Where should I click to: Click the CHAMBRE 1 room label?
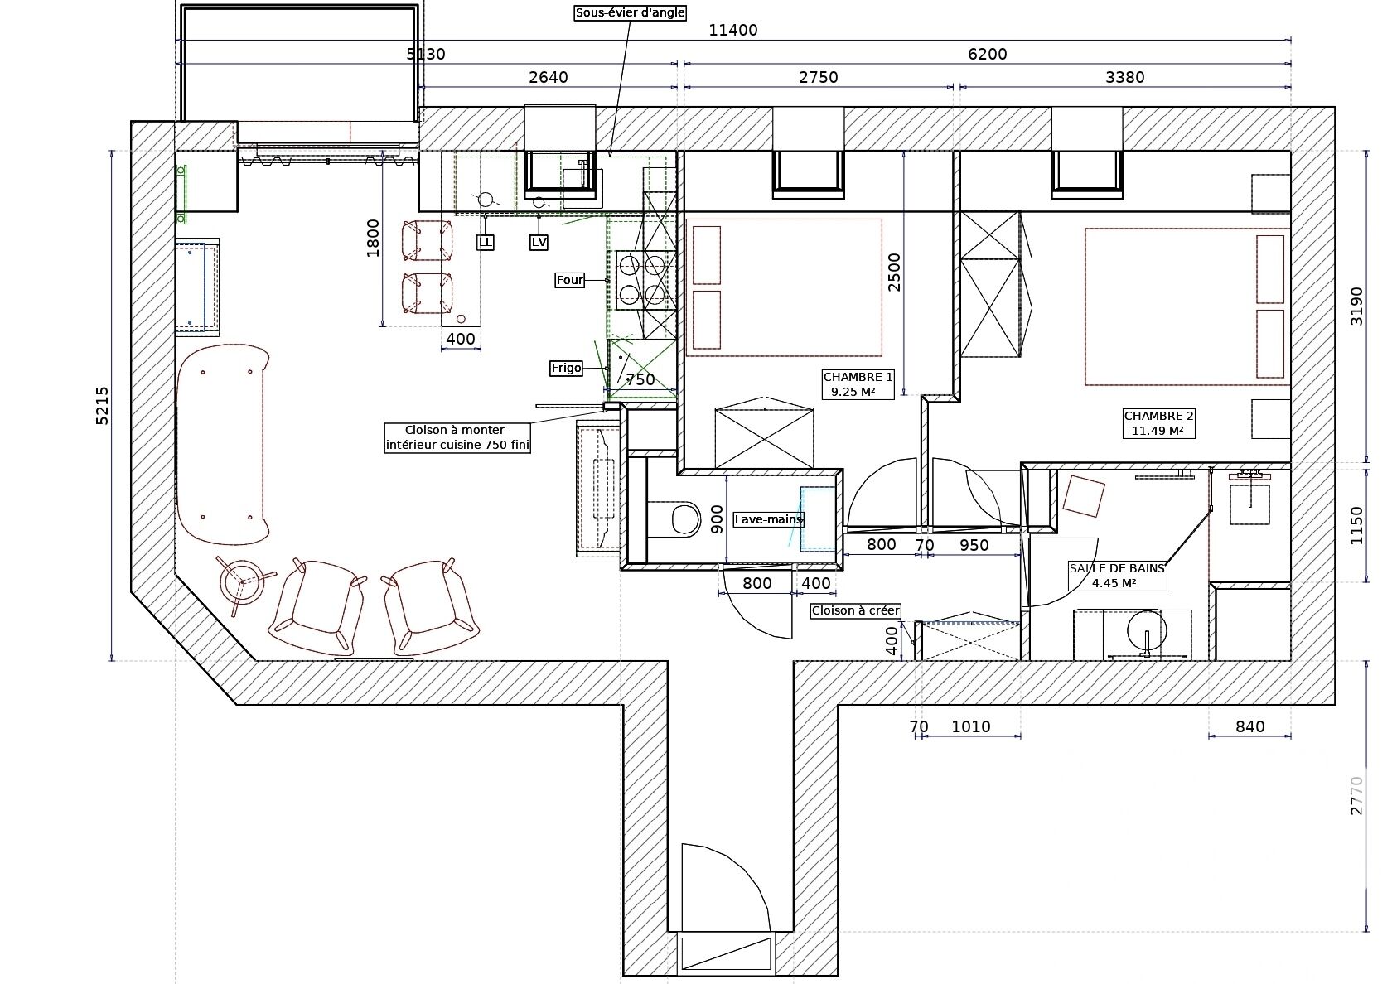[x=858, y=384]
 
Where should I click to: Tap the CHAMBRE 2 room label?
[x=1158, y=423]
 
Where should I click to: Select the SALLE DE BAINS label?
[x=1117, y=575]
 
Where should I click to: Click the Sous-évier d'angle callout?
[x=630, y=12]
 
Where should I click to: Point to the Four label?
[x=570, y=280]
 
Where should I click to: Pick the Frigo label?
[x=566, y=368]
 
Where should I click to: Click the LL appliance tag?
[x=486, y=242]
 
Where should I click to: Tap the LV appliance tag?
[x=539, y=242]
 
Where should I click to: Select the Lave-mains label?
[x=769, y=519]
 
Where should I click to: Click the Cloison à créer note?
[x=856, y=610]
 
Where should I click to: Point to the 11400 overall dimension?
[x=733, y=31]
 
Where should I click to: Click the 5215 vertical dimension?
[x=102, y=406]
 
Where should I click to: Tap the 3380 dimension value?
[x=1125, y=78]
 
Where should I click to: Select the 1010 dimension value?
[x=971, y=727]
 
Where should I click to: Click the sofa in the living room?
[x=222, y=444]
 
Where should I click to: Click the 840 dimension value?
[x=1249, y=727]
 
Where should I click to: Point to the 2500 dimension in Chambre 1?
[x=893, y=272]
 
